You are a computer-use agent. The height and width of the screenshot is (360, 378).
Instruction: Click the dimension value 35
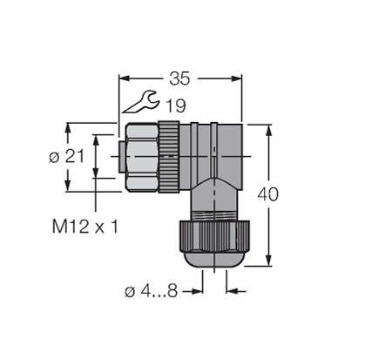click(179, 78)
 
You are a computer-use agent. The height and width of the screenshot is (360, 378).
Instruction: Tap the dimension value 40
click(267, 194)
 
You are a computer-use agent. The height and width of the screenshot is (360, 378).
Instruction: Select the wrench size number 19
click(176, 105)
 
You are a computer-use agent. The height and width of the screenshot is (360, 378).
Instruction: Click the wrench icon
click(141, 102)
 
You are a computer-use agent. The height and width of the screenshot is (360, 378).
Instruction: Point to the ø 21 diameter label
click(66, 157)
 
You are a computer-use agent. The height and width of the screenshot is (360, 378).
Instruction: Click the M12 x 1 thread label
click(85, 227)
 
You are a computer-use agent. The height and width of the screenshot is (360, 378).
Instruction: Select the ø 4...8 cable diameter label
click(151, 291)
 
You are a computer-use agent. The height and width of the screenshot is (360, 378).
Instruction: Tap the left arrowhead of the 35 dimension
click(124, 78)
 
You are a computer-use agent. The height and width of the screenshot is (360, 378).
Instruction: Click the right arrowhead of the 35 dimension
click(236, 78)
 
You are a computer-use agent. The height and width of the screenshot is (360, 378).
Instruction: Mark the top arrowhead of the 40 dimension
click(269, 130)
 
